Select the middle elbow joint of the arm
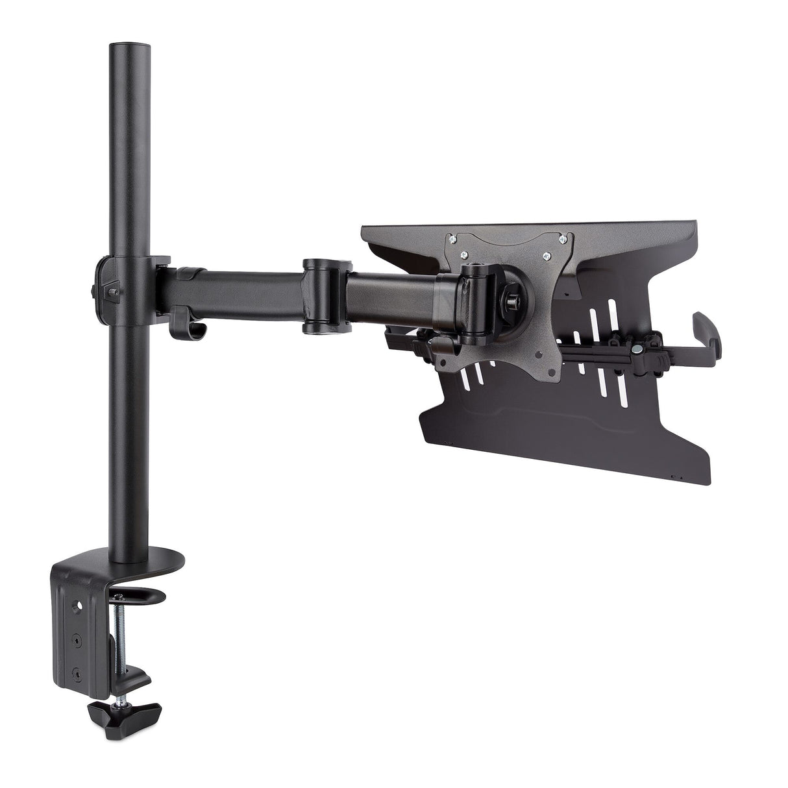click(324, 296)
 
